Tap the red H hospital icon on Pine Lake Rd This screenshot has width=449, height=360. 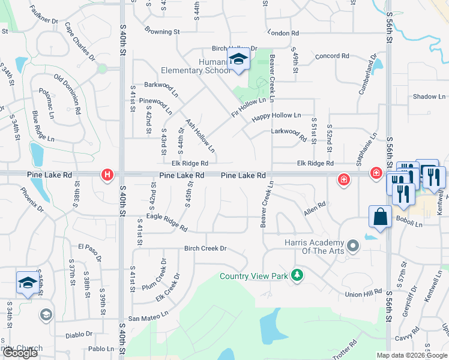click(x=107, y=175)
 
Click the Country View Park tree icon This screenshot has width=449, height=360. click(x=296, y=275)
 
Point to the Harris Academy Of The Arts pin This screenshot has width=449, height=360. click(x=353, y=245)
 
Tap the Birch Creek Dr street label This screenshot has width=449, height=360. click(x=205, y=248)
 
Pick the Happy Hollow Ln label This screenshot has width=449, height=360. click(x=276, y=115)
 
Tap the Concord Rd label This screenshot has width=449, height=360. click(x=332, y=56)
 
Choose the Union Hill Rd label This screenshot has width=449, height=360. click(x=363, y=294)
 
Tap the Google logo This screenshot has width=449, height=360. click(x=20, y=353)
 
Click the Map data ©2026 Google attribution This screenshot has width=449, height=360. click(x=411, y=355)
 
